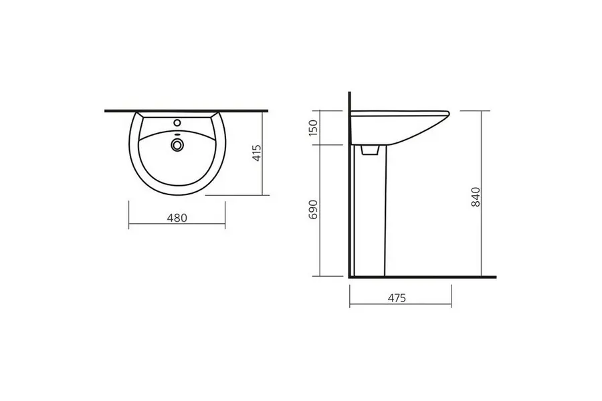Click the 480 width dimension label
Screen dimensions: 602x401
coord(177,218)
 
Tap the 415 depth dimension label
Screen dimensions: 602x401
coord(257,153)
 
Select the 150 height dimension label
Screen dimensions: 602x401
coord(314,128)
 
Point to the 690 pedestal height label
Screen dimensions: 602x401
coord(314,209)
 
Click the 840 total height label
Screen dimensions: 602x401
coord(476,197)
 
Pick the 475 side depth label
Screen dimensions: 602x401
coord(397,298)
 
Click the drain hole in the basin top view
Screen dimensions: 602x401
coord(177,144)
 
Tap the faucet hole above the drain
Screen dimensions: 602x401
coord(177,123)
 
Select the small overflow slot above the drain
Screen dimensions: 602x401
coord(177,134)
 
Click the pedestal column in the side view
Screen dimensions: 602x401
coord(369,211)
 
